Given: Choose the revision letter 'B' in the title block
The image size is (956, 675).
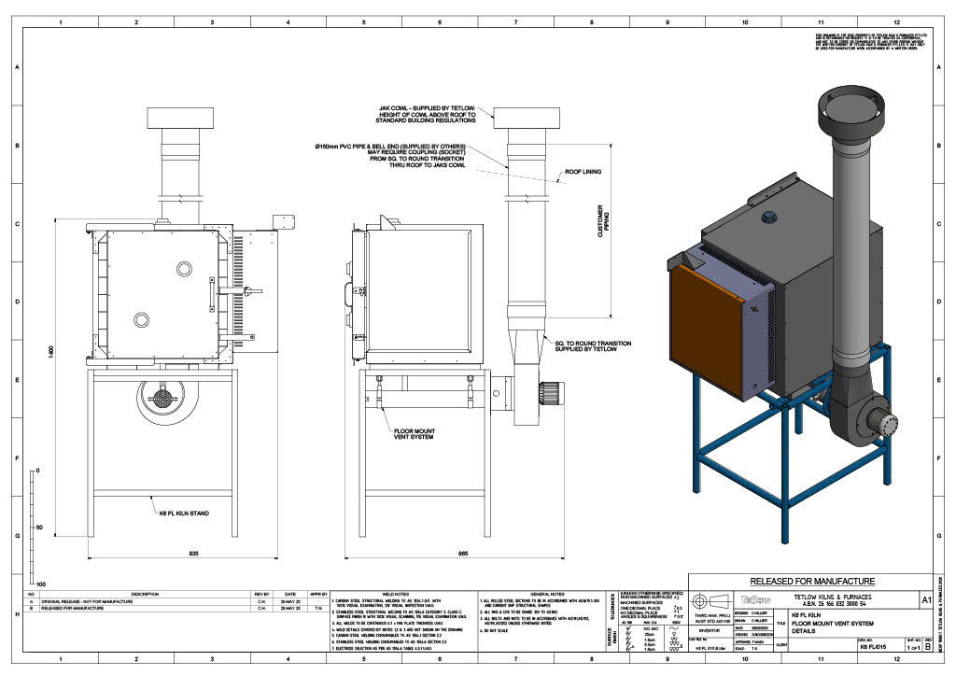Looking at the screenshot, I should click(x=927, y=646).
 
